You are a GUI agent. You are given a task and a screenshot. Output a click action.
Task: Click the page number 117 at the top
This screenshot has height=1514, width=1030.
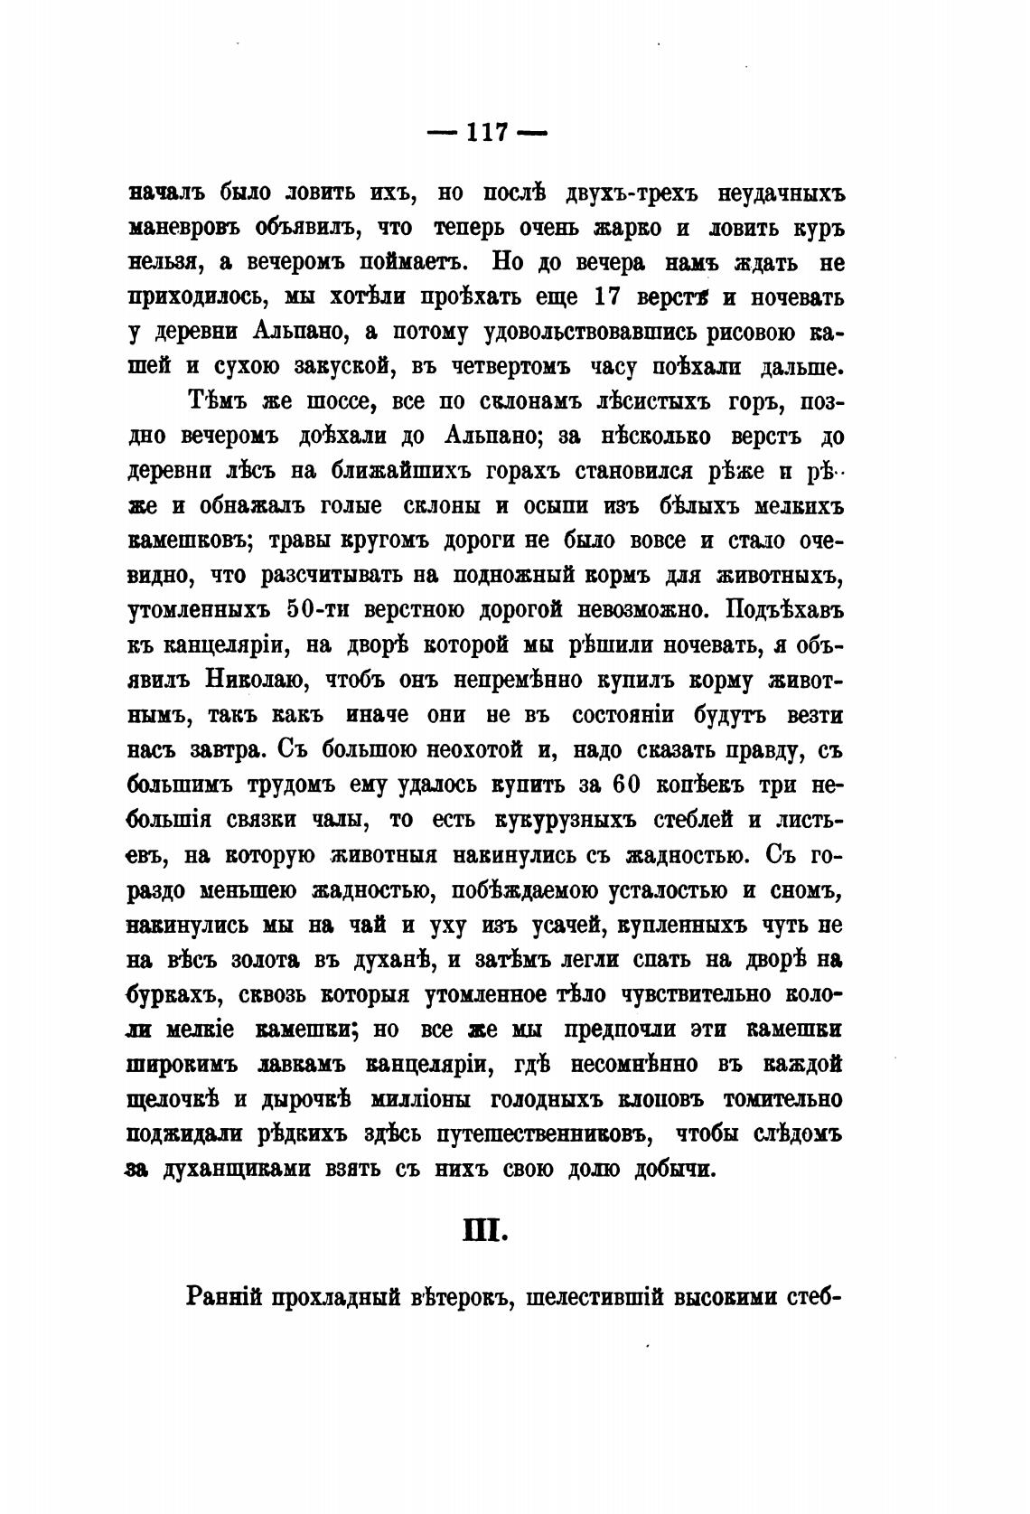tap(487, 132)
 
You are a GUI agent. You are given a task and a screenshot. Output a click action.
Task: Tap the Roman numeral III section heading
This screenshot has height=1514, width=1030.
tap(487, 1230)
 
